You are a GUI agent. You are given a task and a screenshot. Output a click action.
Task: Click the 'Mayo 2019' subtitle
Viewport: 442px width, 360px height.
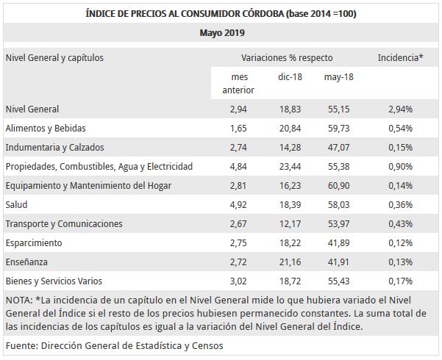coord(221,32)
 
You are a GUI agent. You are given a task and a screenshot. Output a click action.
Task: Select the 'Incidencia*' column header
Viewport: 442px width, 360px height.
coord(400,57)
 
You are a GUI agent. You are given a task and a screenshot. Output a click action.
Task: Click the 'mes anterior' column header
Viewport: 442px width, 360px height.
coord(238,83)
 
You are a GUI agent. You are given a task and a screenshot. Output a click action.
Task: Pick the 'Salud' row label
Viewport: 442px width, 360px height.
coord(16,204)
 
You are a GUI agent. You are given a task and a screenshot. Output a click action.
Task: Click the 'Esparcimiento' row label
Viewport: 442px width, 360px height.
coord(34,242)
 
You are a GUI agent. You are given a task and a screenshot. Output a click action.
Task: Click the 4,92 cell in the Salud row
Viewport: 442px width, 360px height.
coord(238,204)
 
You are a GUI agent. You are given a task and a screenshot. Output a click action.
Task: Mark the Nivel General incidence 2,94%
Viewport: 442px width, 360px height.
coord(400,109)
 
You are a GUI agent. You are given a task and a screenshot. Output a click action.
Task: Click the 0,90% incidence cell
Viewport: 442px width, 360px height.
coord(400,166)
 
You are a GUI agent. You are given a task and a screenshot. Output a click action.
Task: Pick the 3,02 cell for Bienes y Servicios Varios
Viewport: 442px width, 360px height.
coord(238,281)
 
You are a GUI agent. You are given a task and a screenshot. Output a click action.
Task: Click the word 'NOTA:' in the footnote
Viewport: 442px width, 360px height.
coord(18,300)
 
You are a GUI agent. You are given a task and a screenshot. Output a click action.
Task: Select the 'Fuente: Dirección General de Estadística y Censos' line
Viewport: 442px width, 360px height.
coord(114,345)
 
